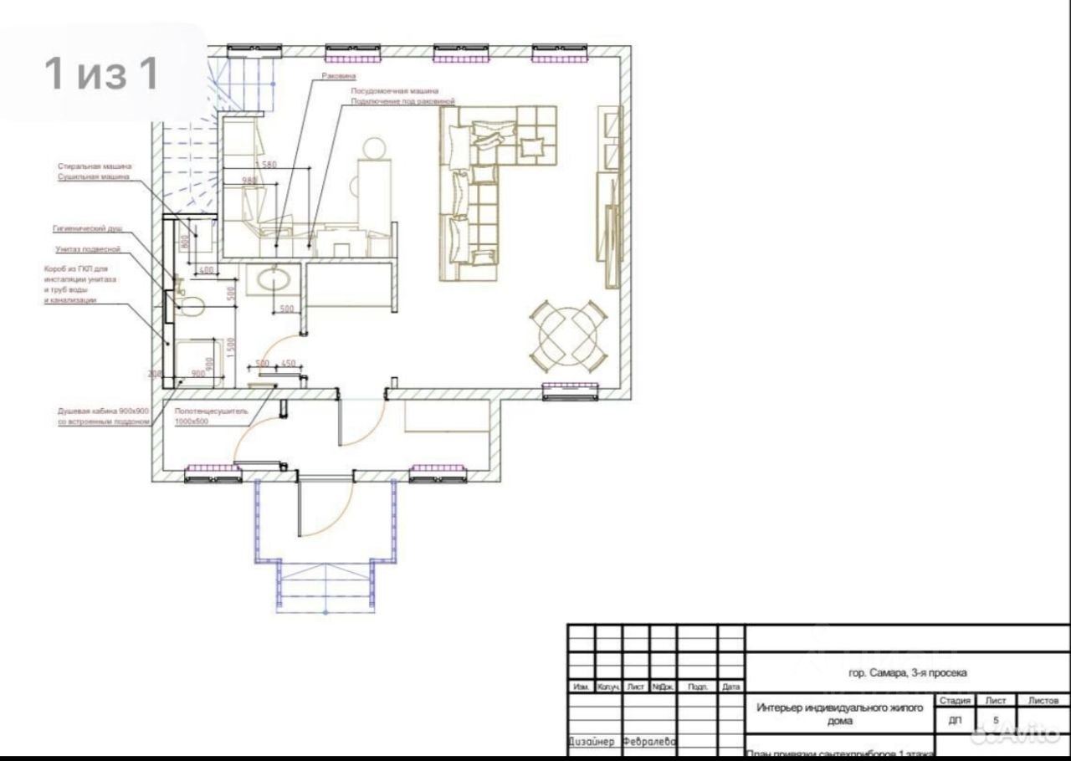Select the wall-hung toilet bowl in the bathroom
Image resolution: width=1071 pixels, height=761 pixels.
[192, 305]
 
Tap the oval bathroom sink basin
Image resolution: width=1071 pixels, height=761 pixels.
[273, 278]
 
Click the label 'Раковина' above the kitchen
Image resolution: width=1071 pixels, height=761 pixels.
[339, 76]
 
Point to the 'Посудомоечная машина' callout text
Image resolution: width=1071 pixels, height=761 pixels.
[394, 90]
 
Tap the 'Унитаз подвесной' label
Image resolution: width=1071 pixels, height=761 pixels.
[89, 249]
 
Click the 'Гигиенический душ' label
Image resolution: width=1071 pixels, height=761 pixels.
[88, 227]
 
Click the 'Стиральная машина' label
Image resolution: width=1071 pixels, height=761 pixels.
[95, 166]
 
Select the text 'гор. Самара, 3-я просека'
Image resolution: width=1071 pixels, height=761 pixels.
[907, 672]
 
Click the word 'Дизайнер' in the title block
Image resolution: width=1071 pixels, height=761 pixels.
[593, 742]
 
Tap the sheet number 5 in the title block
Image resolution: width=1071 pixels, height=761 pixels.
[996, 719]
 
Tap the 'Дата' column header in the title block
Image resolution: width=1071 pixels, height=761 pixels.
[731, 687]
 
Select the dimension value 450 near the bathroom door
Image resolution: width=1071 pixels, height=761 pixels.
[289, 363]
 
